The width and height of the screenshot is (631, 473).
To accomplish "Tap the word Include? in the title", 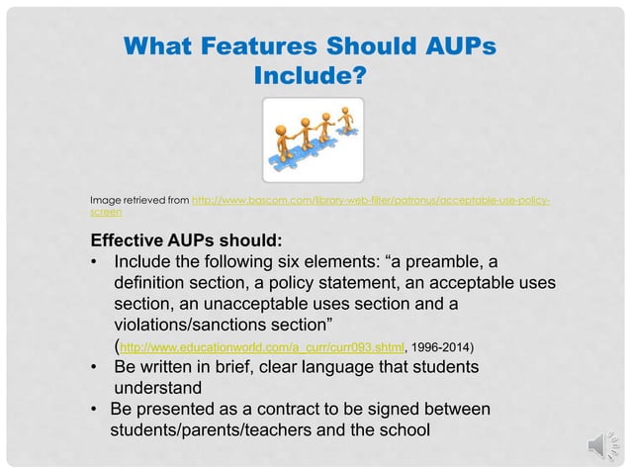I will [310, 74].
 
